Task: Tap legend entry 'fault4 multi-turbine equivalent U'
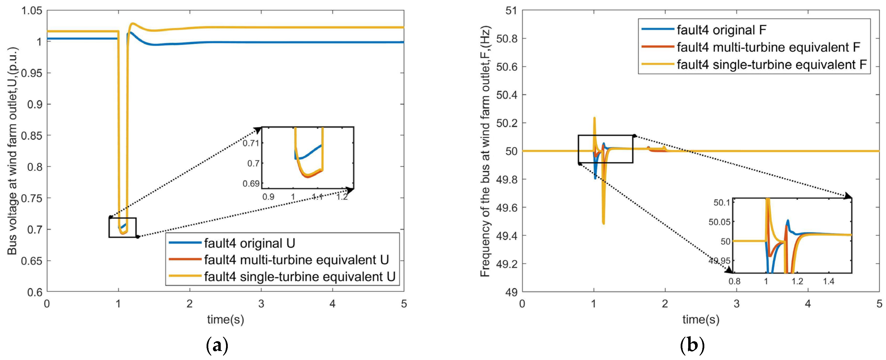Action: coord(296,260)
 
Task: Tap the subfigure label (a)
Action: coord(217,346)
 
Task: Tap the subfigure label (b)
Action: coord(692,346)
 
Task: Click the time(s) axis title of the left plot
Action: coord(225,320)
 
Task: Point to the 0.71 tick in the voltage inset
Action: coord(251,143)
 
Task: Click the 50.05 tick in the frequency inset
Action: coord(719,222)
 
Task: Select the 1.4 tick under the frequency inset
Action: coord(828,282)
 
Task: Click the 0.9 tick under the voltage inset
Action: coord(268,197)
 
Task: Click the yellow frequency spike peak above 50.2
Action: coord(594,118)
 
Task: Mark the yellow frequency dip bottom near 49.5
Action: coord(603,223)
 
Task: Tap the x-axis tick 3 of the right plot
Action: coord(737,304)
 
